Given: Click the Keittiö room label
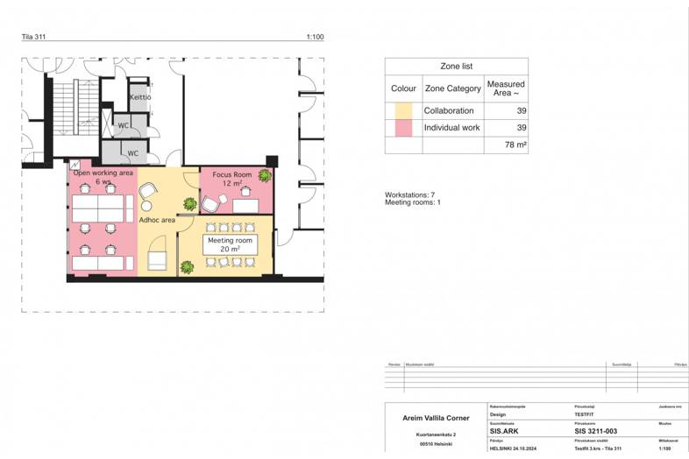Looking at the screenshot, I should click(x=140, y=96).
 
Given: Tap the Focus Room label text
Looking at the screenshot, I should click(x=231, y=175).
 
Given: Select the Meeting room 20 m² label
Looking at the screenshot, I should click(x=230, y=244).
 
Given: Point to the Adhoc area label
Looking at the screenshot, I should click(x=157, y=220).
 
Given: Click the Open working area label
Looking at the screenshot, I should click(x=103, y=173).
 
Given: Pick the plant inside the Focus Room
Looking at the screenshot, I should click(x=264, y=175).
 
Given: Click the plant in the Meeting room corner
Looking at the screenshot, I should click(x=187, y=267).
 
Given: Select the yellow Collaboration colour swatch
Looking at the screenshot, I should click(x=403, y=111).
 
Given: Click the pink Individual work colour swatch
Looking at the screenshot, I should click(x=403, y=128).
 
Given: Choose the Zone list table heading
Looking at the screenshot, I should click(x=456, y=66).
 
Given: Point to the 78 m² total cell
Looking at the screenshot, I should click(x=515, y=145).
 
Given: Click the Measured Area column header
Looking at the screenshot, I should click(x=506, y=88).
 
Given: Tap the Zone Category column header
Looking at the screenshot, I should click(x=452, y=88).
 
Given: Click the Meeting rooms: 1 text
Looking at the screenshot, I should click(x=413, y=202).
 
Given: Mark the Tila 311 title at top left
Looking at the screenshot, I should click(x=35, y=37).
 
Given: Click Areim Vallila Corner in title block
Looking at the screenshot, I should click(x=436, y=419).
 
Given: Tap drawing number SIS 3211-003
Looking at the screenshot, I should click(x=596, y=431).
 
